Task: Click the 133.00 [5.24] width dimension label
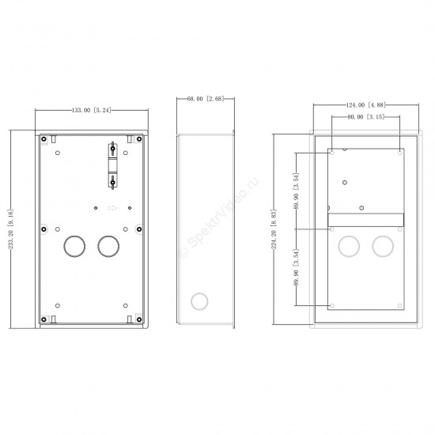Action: pyautogui.click(x=91, y=110)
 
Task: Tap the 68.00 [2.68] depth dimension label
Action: pyautogui.click(x=206, y=99)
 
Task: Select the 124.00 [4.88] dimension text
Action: pyautogui.click(x=366, y=105)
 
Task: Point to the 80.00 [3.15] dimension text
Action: pyautogui.click(x=366, y=117)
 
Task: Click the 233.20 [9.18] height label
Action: pyautogui.click(x=11, y=229)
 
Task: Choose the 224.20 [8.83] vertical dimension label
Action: pyautogui.click(x=274, y=229)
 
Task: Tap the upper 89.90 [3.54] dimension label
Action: pyautogui.click(x=297, y=191)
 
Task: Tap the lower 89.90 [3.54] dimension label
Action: pyautogui.click(x=297, y=267)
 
